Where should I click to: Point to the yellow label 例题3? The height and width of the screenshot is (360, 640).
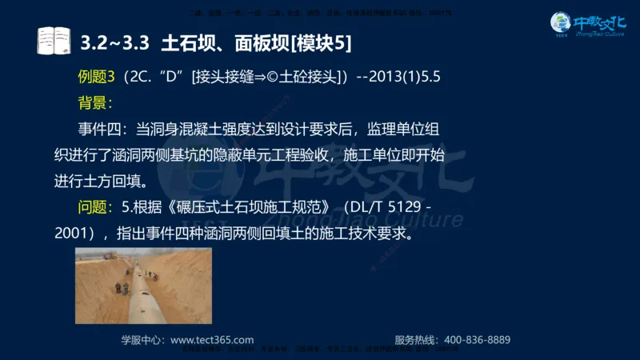point(97,77)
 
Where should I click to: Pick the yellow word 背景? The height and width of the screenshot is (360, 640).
point(94,102)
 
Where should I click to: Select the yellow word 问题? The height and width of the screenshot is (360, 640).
point(94,207)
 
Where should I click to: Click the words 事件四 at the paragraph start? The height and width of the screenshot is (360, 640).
point(101,129)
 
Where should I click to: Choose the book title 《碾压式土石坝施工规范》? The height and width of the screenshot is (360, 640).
point(245,207)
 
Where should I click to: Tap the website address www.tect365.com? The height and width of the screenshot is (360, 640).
point(212,339)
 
